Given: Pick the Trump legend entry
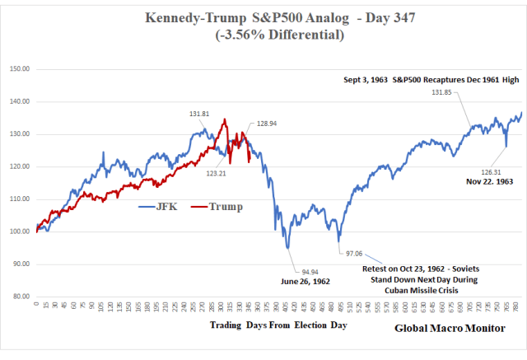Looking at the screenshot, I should coord(218,206).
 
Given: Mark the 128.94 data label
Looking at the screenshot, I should coord(267,123).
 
